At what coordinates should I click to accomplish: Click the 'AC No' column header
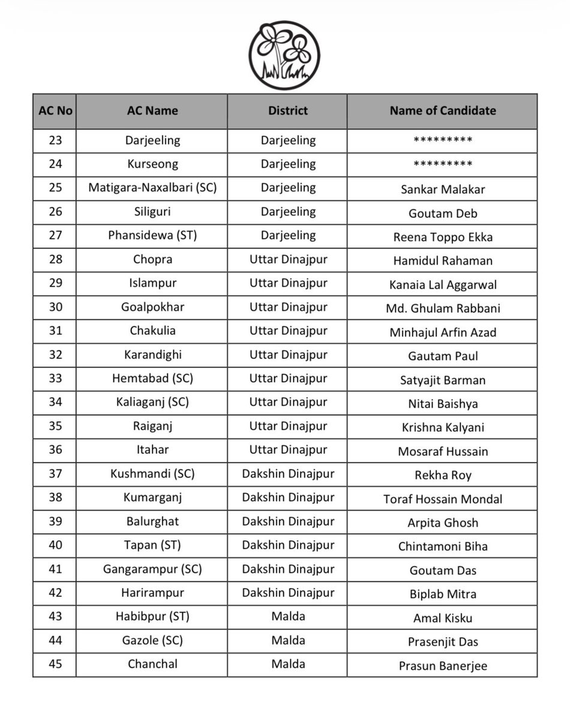pos(55,111)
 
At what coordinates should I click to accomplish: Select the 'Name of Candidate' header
pos(442,111)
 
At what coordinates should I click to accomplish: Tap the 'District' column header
pos(287,111)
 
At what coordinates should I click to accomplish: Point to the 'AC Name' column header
pos(152,111)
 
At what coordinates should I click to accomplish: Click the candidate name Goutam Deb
pos(443,214)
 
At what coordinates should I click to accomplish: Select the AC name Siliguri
pos(152,212)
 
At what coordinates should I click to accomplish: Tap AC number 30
pos(55,307)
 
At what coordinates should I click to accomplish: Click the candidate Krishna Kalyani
pos(443,428)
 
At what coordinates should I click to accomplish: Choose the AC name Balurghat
pos(152,521)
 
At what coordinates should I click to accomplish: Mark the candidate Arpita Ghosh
pos(443,523)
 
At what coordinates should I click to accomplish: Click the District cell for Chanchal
pos(287,664)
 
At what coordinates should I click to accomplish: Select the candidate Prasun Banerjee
pos(443,666)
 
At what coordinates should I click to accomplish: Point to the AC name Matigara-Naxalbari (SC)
pos(152,188)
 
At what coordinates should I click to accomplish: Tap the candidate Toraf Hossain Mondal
pos(443,499)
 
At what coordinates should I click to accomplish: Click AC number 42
pos(55,593)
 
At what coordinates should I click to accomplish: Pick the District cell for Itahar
pos(287,450)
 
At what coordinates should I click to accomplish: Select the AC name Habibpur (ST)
pos(152,616)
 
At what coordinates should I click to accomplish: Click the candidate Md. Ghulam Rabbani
pos(443,309)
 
